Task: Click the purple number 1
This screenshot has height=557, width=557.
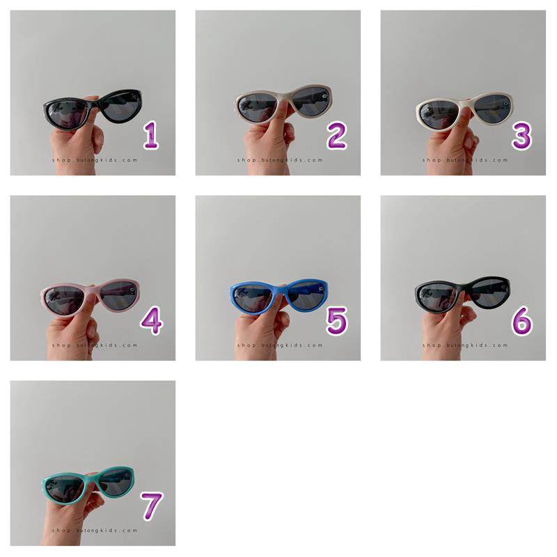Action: [151, 135]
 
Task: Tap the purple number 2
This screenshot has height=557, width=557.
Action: [336, 135]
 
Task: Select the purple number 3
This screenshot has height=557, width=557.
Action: [521, 135]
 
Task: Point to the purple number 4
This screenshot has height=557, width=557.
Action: [152, 321]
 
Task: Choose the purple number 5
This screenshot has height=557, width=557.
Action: [336, 321]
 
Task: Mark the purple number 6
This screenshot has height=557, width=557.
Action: [521, 321]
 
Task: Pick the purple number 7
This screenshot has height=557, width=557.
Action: [151, 506]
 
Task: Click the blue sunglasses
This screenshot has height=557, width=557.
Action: [279, 297]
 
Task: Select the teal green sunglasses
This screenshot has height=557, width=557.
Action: [88, 485]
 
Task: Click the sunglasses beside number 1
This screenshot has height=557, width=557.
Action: [93, 107]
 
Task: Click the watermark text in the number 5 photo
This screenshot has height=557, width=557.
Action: [280, 345]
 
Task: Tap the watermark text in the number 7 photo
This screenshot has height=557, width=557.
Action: [95, 531]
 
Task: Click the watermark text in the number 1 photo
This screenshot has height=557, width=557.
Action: [95, 160]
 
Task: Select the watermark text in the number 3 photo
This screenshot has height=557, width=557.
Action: [465, 160]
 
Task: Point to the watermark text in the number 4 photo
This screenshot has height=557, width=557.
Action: [95, 345]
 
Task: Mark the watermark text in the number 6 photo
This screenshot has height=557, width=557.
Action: [465, 345]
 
